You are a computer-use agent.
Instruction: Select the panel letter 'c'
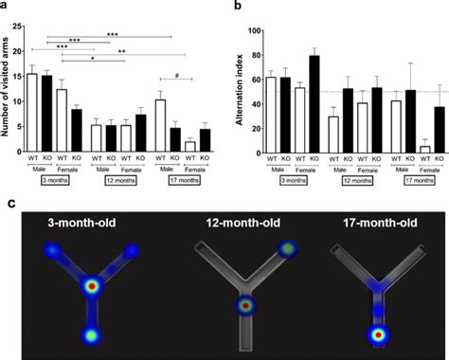tap(9, 203)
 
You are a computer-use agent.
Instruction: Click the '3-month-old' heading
tap(88, 225)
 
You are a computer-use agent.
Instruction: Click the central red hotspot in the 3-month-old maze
tap(92, 285)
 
